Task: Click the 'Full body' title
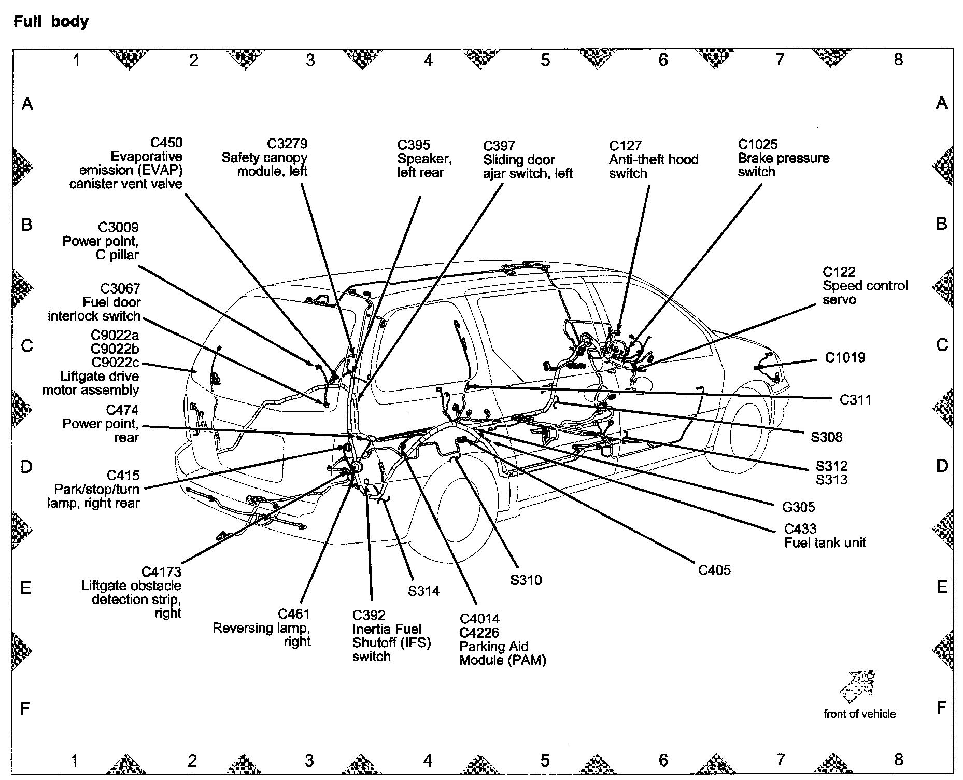coord(51,22)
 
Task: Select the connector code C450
coord(166,143)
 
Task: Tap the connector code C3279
coord(287,144)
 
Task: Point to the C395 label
coord(414,145)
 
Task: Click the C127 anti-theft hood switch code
coord(625,146)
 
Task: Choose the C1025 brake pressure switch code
coord(758,144)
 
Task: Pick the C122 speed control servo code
coord(839,272)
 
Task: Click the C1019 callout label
coord(845,358)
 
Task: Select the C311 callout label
coord(855,400)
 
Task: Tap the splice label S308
coord(827,437)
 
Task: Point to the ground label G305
coord(798,507)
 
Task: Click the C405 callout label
coord(714,570)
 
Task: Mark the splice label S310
coord(526,580)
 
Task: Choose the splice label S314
coord(423,591)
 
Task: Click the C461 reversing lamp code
coord(294,615)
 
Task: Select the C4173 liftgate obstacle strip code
coord(161,572)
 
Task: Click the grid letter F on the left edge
coord(25,708)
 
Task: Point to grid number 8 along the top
coord(898,60)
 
